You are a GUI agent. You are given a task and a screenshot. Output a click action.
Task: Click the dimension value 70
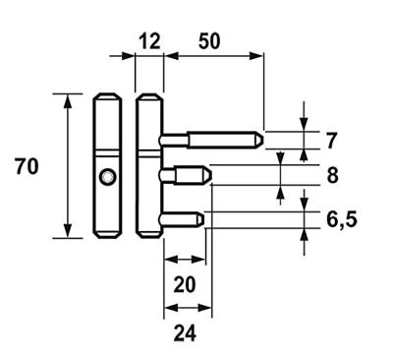tap(27, 166)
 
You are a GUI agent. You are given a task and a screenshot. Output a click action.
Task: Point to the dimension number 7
tap(331, 139)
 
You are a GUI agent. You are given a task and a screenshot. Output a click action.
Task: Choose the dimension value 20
tap(184, 285)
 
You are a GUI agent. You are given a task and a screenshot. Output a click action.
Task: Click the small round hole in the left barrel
tap(106, 177)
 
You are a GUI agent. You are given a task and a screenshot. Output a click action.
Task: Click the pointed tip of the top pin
tap(261, 139)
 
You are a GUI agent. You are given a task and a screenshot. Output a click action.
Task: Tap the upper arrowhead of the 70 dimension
tap(68, 99)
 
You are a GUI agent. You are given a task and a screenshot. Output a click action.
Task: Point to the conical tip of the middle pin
tap(209, 174)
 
